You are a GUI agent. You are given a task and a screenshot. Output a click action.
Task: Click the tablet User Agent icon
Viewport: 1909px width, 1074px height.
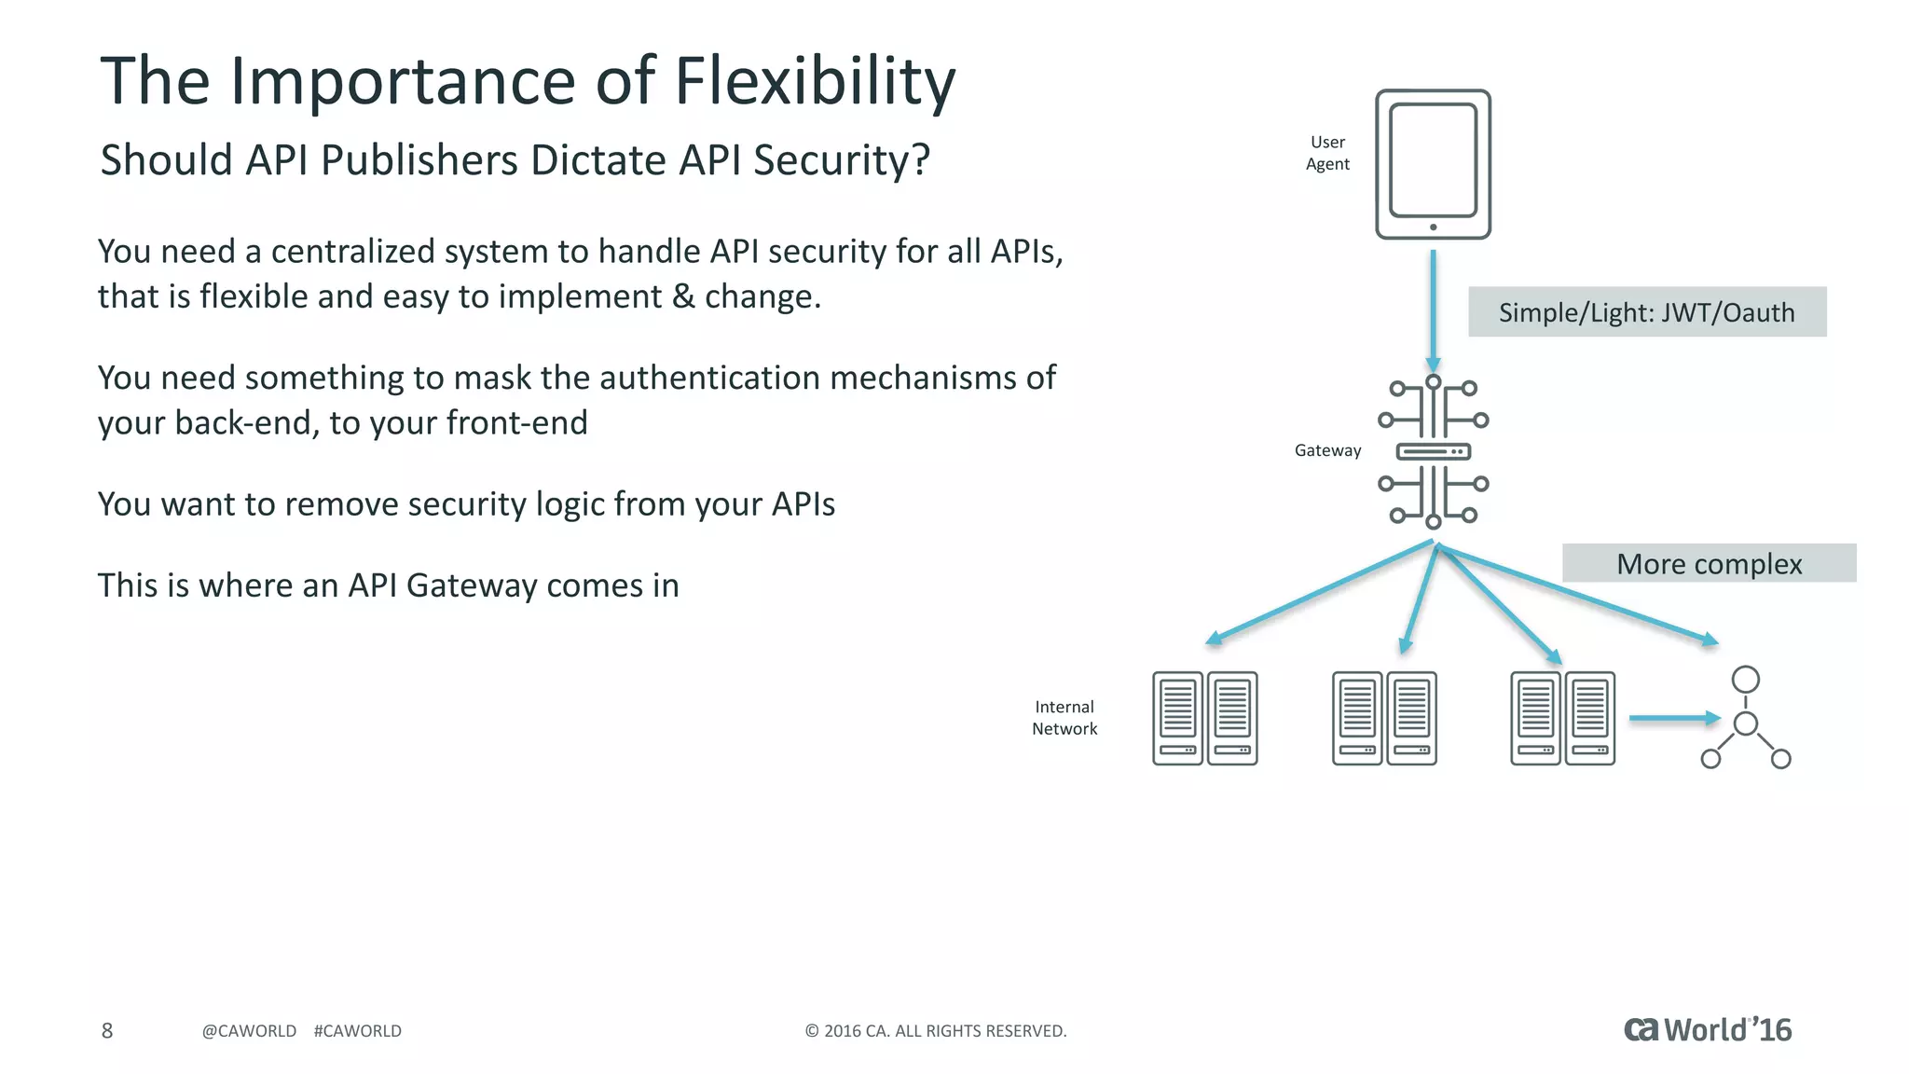coord(1433,164)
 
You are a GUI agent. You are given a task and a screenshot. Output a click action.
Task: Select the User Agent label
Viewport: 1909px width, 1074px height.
coord(1327,153)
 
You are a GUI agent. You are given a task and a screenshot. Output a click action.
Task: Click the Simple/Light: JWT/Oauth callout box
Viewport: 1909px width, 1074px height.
coord(1646,312)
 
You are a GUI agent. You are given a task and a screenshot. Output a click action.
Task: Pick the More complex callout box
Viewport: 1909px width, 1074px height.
coord(1708,564)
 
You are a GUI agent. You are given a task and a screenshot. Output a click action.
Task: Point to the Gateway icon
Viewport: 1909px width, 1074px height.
coord(1433,452)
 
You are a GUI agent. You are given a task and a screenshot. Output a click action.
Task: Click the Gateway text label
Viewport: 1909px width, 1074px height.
coord(1327,450)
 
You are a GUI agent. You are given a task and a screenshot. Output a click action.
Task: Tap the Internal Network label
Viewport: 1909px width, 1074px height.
coord(1064,718)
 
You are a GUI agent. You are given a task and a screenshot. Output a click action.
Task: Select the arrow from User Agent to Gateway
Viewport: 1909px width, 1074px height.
coord(1433,308)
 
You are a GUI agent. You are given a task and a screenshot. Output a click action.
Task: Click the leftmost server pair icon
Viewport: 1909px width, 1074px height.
coord(1204,718)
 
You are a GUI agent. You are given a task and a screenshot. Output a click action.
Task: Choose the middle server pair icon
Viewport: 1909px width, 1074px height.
coord(1384,718)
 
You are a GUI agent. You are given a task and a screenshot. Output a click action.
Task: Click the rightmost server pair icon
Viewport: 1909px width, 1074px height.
coord(1562,718)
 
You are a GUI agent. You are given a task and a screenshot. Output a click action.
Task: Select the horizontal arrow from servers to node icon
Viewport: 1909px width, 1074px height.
coord(1672,718)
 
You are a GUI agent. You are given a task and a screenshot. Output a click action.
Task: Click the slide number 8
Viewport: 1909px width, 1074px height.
coord(107,1030)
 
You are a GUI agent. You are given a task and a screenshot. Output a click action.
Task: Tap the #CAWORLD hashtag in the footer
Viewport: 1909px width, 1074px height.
coord(358,1031)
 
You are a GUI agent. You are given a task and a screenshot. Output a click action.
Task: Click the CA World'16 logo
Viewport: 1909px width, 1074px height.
coord(1707,1029)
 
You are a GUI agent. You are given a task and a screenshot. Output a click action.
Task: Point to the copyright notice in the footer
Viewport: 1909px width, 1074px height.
coord(935,1031)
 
